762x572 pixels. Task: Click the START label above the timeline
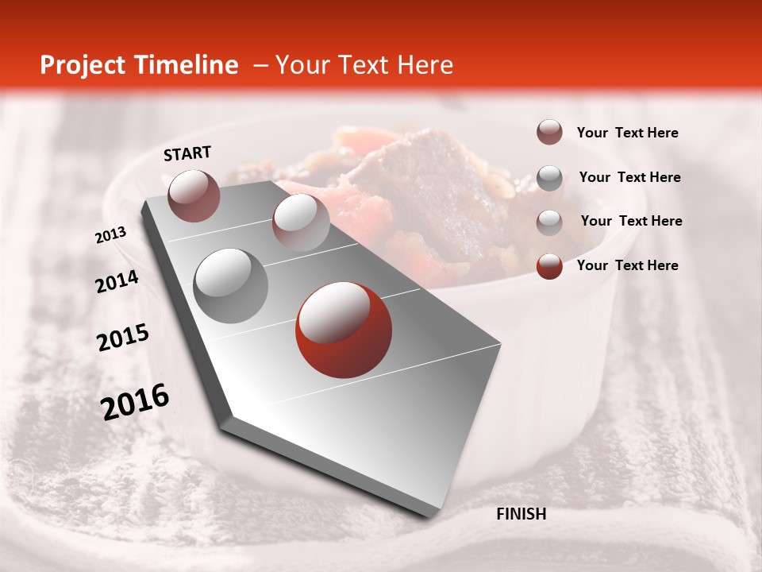pos(187,153)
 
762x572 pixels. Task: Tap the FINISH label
pos(521,514)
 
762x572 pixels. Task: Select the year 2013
pos(111,235)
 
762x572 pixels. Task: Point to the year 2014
pos(117,282)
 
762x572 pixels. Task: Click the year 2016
pos(135,402)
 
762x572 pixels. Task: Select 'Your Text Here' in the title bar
pos(364,65)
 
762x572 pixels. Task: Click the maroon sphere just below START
pos(194,195)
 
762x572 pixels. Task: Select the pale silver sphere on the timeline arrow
pos(301,222)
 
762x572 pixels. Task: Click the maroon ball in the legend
pos(549,133)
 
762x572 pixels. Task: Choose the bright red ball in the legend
pos(549,266)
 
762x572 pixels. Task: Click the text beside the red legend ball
pos(627,265)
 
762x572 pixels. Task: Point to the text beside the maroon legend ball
pos(627,133)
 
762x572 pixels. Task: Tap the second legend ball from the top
pos(549,178)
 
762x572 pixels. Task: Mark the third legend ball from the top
pos(549,222)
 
